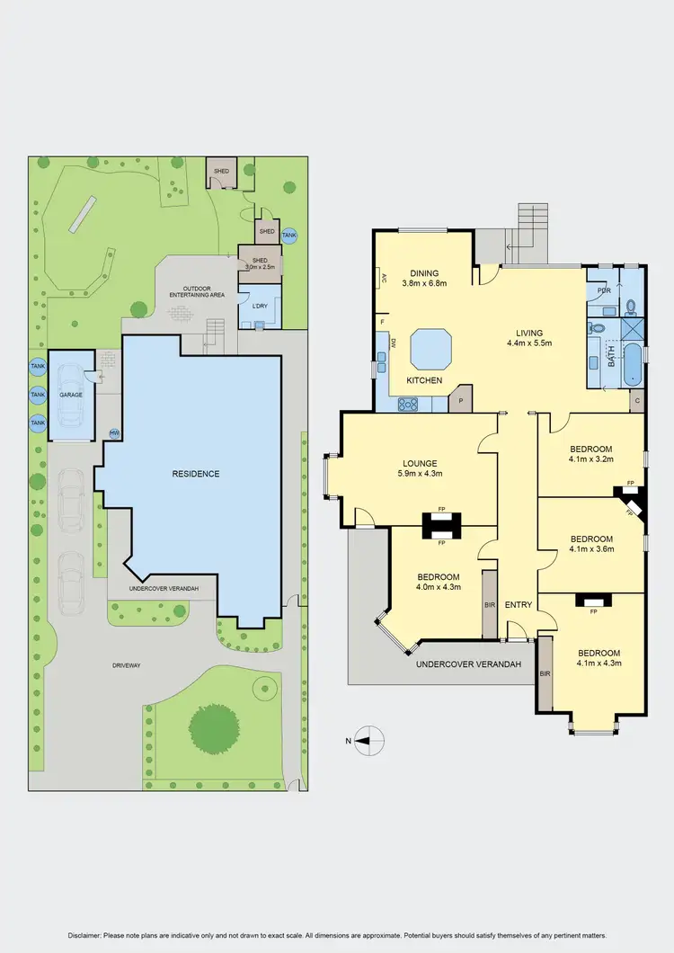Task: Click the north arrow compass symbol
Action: pyautogui.click(x=368, y=742)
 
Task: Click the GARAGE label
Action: pyautogui.click(x=71, y=395)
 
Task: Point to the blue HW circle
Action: pyautogui.click(x=113, y=434)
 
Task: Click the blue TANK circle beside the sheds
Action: pyautogui.click(x=288, y=236)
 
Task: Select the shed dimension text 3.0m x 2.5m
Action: pyautogui.click(x=261, y=267)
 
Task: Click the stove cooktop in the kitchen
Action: pyautogui.click(x=409, y=405)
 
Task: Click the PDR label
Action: pyautogui.click(x=604, y=291)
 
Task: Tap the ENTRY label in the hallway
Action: pyautogui.click(x=519, y=605)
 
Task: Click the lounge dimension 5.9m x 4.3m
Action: pyautogui.click(x=421, y=474)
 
